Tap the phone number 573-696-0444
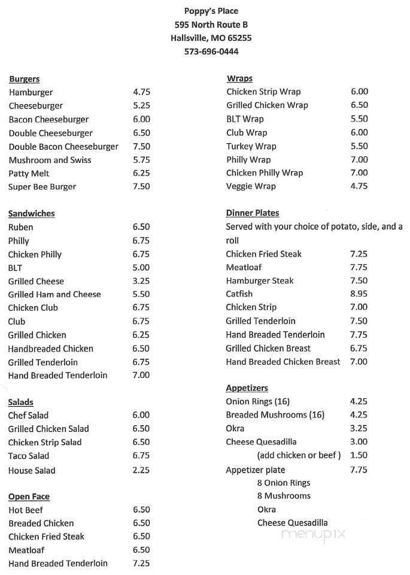pyautogui.click(x=212, y=52)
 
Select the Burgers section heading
pyautogui.click(x=24, y=79)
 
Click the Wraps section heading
pyautogui.click(x=239, y=78)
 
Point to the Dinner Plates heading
pyautogui.click(x=253, y=213)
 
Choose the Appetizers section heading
pyautogui.click(x=247, y=388)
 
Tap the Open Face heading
pyautogui.click(x=29, y=497)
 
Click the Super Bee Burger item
pyautogui.click(x=42, y=187)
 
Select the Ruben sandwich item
pyautogui.click(x=21, y=227)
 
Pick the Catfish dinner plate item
pyautogui.click(x=239, y=294)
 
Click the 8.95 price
pyautogui.click(x=359, y=294)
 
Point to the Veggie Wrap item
pyautogui.click(x=251, y=186)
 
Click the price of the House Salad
pyautogui.click(x=141, y=470)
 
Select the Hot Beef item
pyautogui.click(x=26, y=510)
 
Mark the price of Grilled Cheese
pyautogui.click(x=141, y=281)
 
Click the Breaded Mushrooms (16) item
pyautogui.click(x=275, y=415)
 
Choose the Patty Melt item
pyautogui.click(x=29, y=173)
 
